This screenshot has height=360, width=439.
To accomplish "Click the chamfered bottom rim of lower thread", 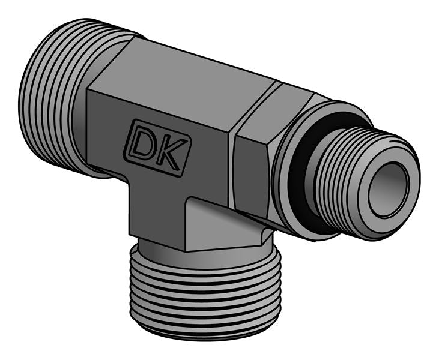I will click(x=204, y=327).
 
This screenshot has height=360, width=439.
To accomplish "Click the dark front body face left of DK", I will click(x=105, y=129).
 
